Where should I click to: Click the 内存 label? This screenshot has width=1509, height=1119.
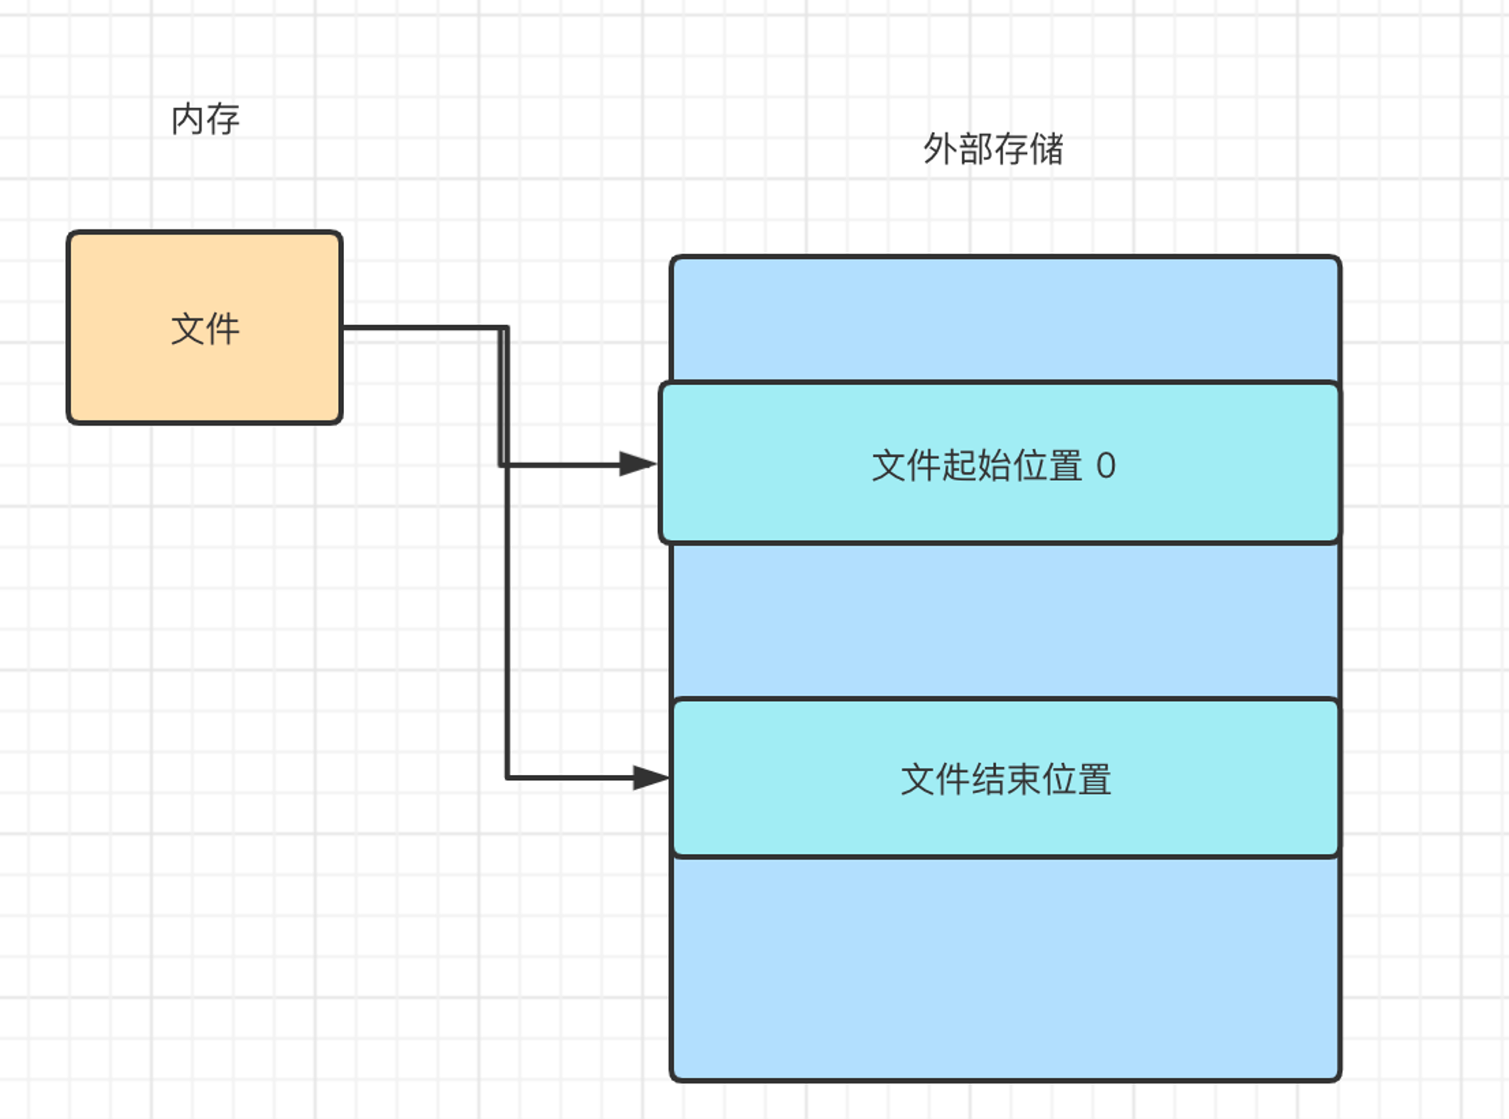click(205, 120)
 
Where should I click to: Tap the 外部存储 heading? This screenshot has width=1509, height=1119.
click(994, 149)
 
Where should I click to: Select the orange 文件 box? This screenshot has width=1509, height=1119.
click(204, 327)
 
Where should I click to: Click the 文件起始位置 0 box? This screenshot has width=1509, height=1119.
click(1000, 463)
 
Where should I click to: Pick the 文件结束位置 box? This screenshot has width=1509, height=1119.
click(1006, 778)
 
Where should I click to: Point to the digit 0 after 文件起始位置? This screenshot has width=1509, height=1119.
click(1105, 466)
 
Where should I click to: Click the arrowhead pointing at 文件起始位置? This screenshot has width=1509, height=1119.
click(638, 464)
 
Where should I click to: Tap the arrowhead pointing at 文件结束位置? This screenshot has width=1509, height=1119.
click(651, 777)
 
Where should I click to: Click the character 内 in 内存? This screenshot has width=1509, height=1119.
click(187, 120)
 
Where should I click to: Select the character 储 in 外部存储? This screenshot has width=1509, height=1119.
click(1047, 149)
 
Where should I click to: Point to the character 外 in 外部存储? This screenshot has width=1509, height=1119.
click(940, 149)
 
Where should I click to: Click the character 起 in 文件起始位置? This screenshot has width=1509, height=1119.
click(960, 466)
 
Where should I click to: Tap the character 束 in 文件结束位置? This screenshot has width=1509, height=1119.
click(1023, 779)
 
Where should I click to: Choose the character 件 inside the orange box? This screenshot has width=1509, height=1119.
click(223, 329)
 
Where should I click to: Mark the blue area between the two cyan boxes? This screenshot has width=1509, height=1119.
click(1006, 620)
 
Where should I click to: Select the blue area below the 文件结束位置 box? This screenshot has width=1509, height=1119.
click(1006, 969)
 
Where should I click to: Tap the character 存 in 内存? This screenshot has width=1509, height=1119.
click(223, 120)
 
